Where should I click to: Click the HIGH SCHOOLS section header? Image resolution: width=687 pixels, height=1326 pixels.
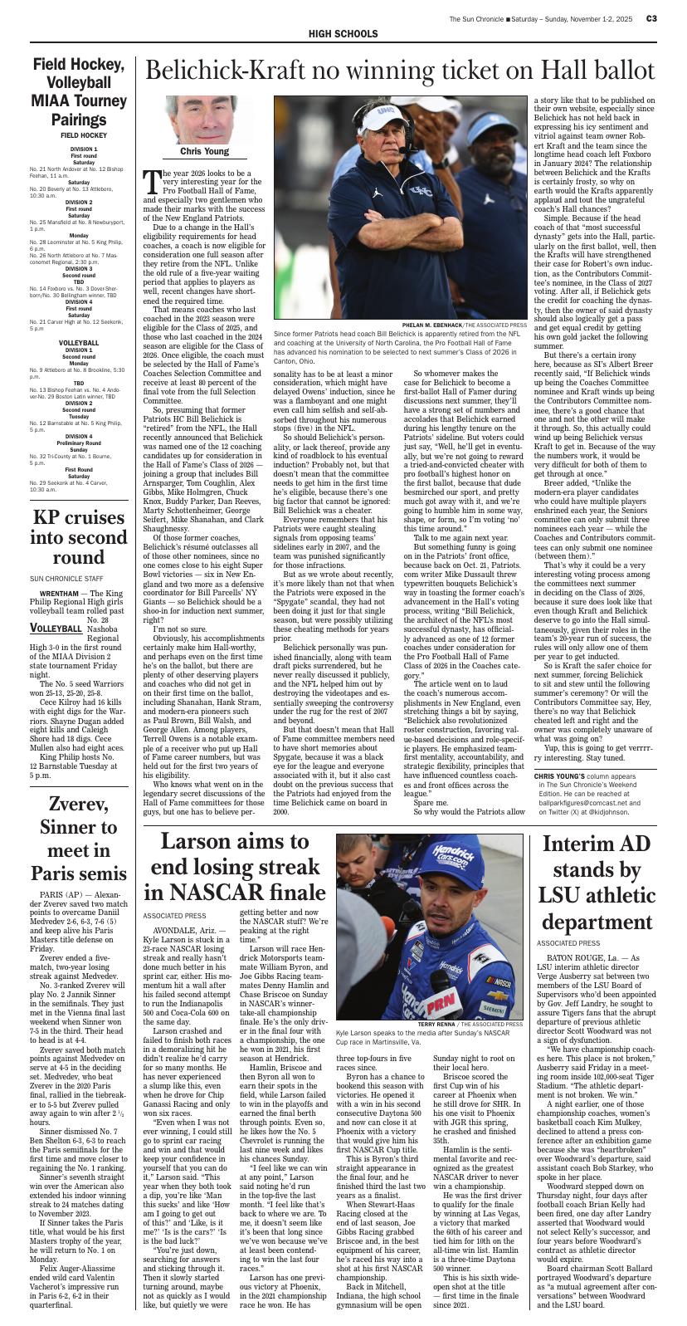pyautogui.click(x=343, y=34)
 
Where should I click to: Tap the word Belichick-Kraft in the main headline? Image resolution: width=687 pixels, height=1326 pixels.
pyautogui.click(x=241, y=71)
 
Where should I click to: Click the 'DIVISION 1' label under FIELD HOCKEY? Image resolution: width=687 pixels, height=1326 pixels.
pyautogui.click(x=84, y=149)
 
